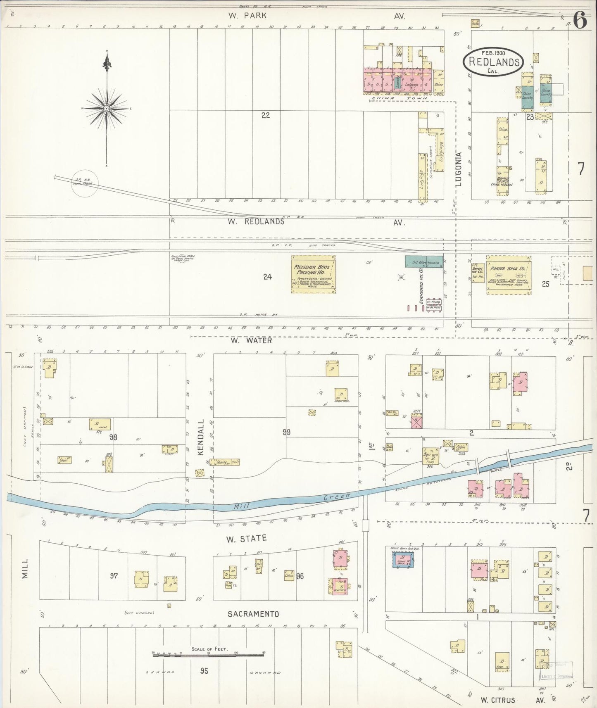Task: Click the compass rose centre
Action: pos(107,109)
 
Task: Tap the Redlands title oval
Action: pos(493,62)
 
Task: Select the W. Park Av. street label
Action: pos(248,16)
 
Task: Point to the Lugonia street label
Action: pos(459,169)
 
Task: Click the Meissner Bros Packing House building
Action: pos(313,274)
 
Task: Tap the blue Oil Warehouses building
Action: pos(424,262)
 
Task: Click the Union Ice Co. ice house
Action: pos(478,273)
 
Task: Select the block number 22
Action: pos(266,115)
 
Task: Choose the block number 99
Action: pos(286,432)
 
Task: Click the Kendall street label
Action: pos(201,437)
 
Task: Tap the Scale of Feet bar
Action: pos(208,654)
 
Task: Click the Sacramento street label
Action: pos(253,614)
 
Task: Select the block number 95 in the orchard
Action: pos(204,671)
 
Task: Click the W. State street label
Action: pos(246,539)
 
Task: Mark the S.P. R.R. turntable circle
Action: pos(85,183)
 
